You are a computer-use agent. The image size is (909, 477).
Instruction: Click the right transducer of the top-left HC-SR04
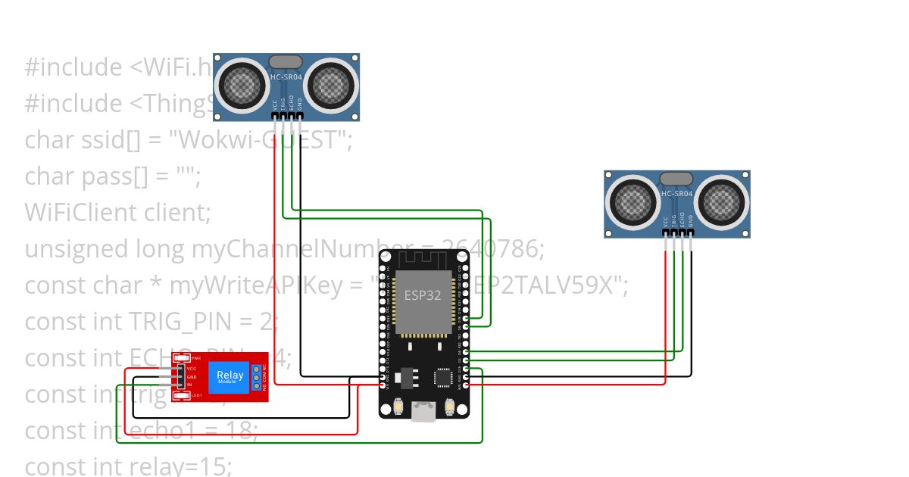tap(331, 84)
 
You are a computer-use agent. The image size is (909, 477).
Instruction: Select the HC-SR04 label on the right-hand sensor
tap(677, 194)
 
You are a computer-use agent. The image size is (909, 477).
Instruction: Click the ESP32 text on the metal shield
tap(423, 295)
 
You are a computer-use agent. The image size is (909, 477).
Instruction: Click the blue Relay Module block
tap(230, 376)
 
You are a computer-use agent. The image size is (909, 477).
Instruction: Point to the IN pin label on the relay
tap(190, 385)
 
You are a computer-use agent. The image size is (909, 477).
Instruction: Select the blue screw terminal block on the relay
tap(257, 376)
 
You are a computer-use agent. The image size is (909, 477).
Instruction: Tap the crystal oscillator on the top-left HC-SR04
tap(286, 61)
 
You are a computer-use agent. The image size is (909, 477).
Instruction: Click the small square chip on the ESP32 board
tap(443, 377)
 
